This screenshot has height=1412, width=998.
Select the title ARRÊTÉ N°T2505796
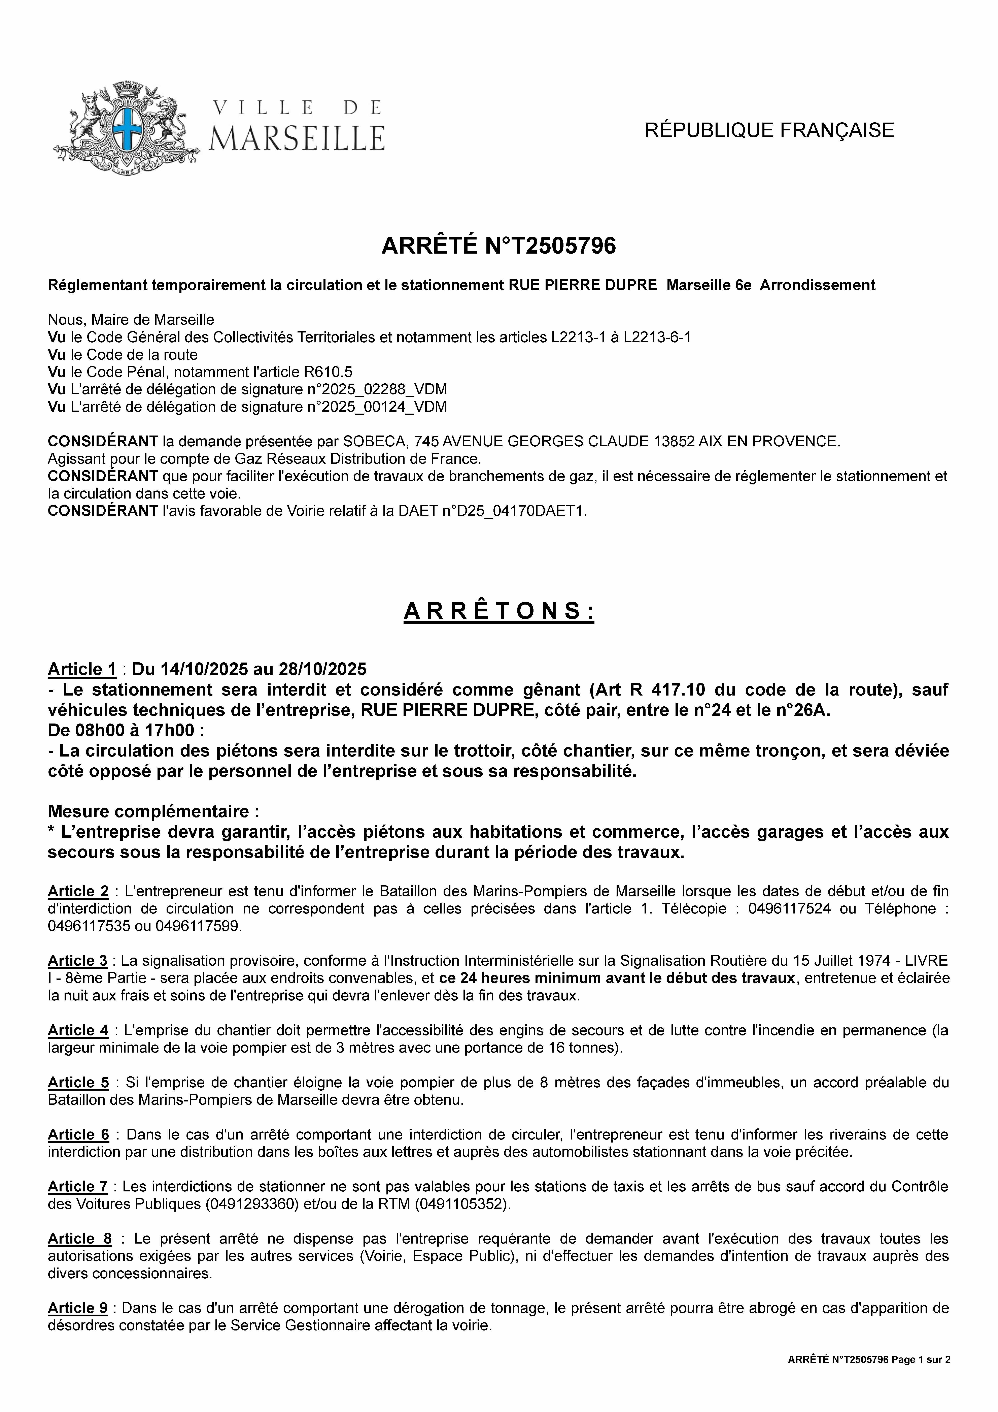coord(499,246)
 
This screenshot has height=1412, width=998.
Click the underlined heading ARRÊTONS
coord(499,611)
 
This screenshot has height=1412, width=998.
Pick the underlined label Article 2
coord(78,891)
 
